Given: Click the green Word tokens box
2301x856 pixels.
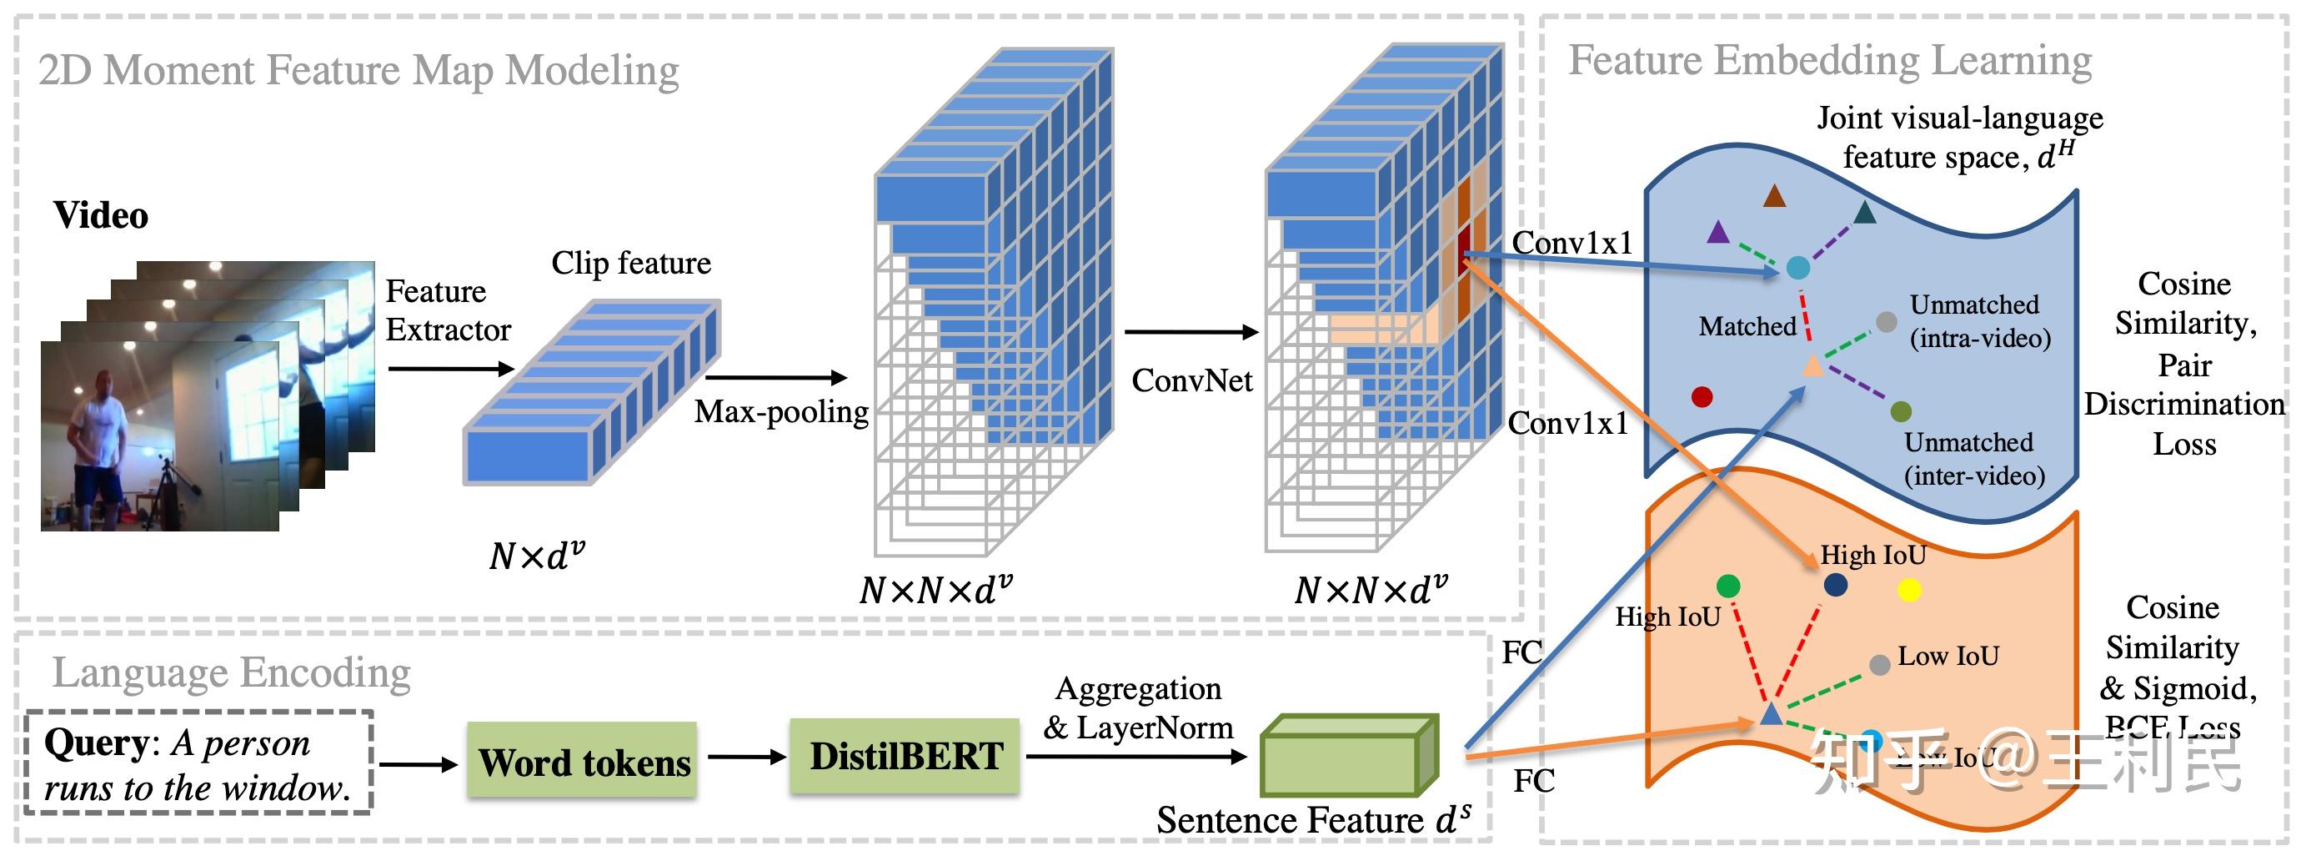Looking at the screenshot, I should click(x=582, y=760).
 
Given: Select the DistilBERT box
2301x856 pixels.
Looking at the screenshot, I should click(x=905, y=756).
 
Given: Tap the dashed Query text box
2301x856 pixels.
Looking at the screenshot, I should click(x=198, y=763).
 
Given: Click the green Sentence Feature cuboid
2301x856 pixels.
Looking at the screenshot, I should click(x=1348, y=757).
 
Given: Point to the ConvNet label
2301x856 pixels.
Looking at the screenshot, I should click(x=1191, y=380).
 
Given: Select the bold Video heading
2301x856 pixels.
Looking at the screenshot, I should click(x=101, y=215).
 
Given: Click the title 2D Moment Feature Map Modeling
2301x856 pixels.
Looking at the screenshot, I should click(x=358, y=70).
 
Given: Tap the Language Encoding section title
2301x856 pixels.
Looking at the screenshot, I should click(x=232, y=672).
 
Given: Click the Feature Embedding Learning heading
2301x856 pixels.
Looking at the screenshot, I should click(x=1830, y=61).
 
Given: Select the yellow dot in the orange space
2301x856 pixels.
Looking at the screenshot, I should click(x=1909, y=590).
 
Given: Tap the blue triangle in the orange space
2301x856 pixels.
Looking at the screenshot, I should click(x=1771, y=714).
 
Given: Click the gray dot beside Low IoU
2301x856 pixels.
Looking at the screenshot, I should click(x=1879, y=665).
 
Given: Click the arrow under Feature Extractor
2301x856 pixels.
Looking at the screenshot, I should click(x=451, y=368).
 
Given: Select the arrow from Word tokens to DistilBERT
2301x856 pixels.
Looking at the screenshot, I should click(x=746, y=758).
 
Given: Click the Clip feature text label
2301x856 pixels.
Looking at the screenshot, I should click(x=630, y=263).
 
